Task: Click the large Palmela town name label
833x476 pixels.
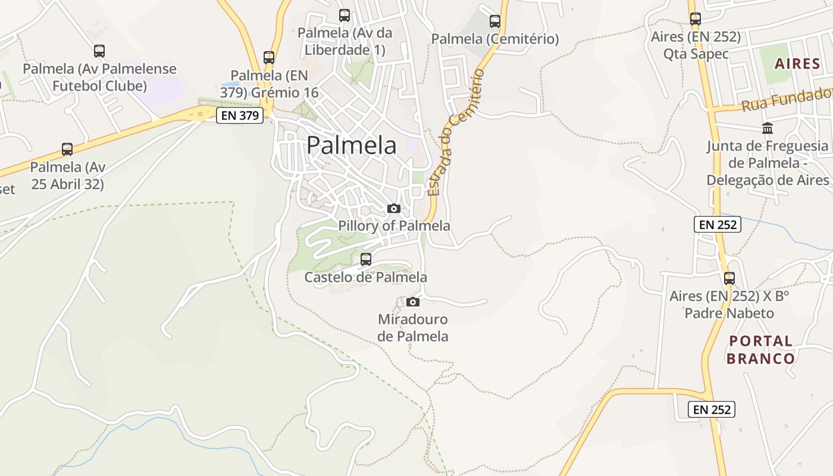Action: [x=352, y=145]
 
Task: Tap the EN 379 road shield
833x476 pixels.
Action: [x=240, y=115]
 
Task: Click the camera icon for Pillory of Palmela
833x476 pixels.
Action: [x=394, y=208]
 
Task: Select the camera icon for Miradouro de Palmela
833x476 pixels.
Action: [x=412, y=302]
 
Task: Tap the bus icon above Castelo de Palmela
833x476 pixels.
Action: [x=366, y=259]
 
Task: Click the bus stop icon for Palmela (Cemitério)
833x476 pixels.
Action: [x=495, y=21]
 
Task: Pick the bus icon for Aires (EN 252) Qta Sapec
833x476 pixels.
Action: [x=696, y=18]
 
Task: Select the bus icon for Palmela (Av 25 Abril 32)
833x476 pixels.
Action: [x=67, y=149]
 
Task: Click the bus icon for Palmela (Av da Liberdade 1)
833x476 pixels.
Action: [x=345, y=15]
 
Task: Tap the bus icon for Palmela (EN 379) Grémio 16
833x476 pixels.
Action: [x=269, y=58]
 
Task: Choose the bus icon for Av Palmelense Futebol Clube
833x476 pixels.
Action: [x=99, y=51]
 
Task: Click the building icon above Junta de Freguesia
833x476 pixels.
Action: [x=768, y=128]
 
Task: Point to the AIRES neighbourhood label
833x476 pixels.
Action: [x=797, y=64]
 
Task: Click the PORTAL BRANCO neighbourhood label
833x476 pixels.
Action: [x=761, y=350]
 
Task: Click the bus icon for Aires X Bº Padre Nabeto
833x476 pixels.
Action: [x=729, y=278]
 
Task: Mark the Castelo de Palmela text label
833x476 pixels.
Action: [x=366, y=277]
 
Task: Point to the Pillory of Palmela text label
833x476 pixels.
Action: [x=394, y=226]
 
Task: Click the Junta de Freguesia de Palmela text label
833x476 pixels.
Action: [x=768, y=163]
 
